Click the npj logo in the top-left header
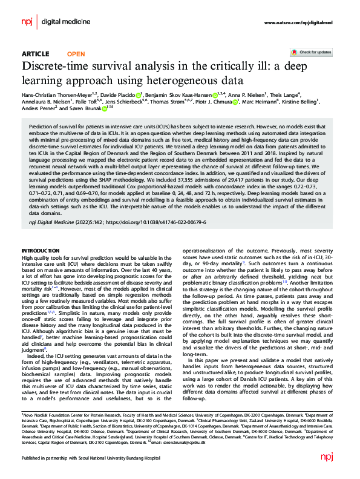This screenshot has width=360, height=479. (x=27, y=22)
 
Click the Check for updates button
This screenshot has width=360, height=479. (x=315, y=53)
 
